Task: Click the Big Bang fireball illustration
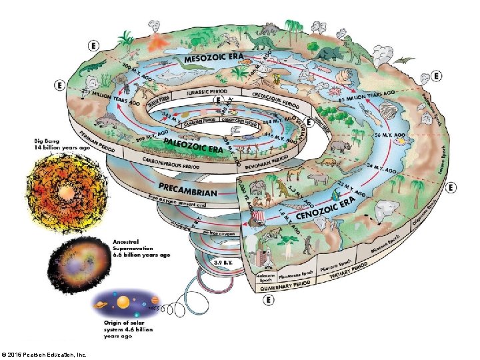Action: pos(66,192)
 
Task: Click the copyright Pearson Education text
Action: pos(45,355)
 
